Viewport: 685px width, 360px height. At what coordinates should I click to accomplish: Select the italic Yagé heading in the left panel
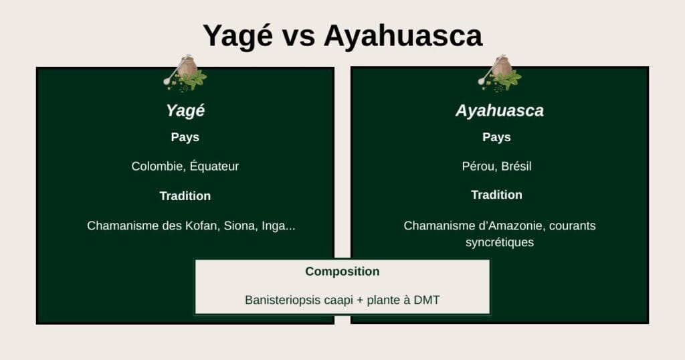point(185,110)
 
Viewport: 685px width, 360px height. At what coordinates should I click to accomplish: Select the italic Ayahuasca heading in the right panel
point(500,110)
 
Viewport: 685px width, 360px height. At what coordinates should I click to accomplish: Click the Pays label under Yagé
point(185,137)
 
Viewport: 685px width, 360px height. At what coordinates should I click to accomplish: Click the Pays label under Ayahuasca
point(496,137)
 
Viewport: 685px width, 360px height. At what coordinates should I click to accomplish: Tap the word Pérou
point(477,166)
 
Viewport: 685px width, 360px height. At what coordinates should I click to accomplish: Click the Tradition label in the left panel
point(185,196)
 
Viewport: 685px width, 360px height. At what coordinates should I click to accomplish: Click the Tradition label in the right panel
point(496,195)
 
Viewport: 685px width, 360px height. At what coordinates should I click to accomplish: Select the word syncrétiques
point(500,242)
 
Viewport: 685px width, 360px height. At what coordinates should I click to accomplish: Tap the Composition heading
point(342,272)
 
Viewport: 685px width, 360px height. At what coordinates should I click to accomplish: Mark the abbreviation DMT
point(426,300)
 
